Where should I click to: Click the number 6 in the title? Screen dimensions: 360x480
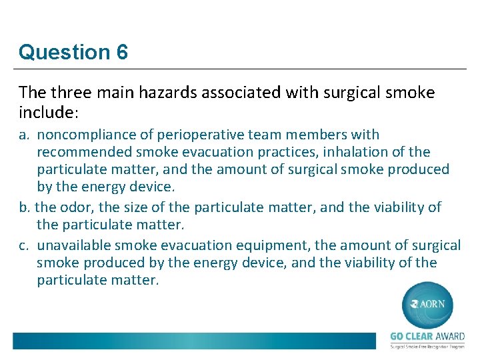122,52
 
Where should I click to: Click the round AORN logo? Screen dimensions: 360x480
427,305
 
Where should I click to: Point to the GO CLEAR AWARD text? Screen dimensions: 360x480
427,337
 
